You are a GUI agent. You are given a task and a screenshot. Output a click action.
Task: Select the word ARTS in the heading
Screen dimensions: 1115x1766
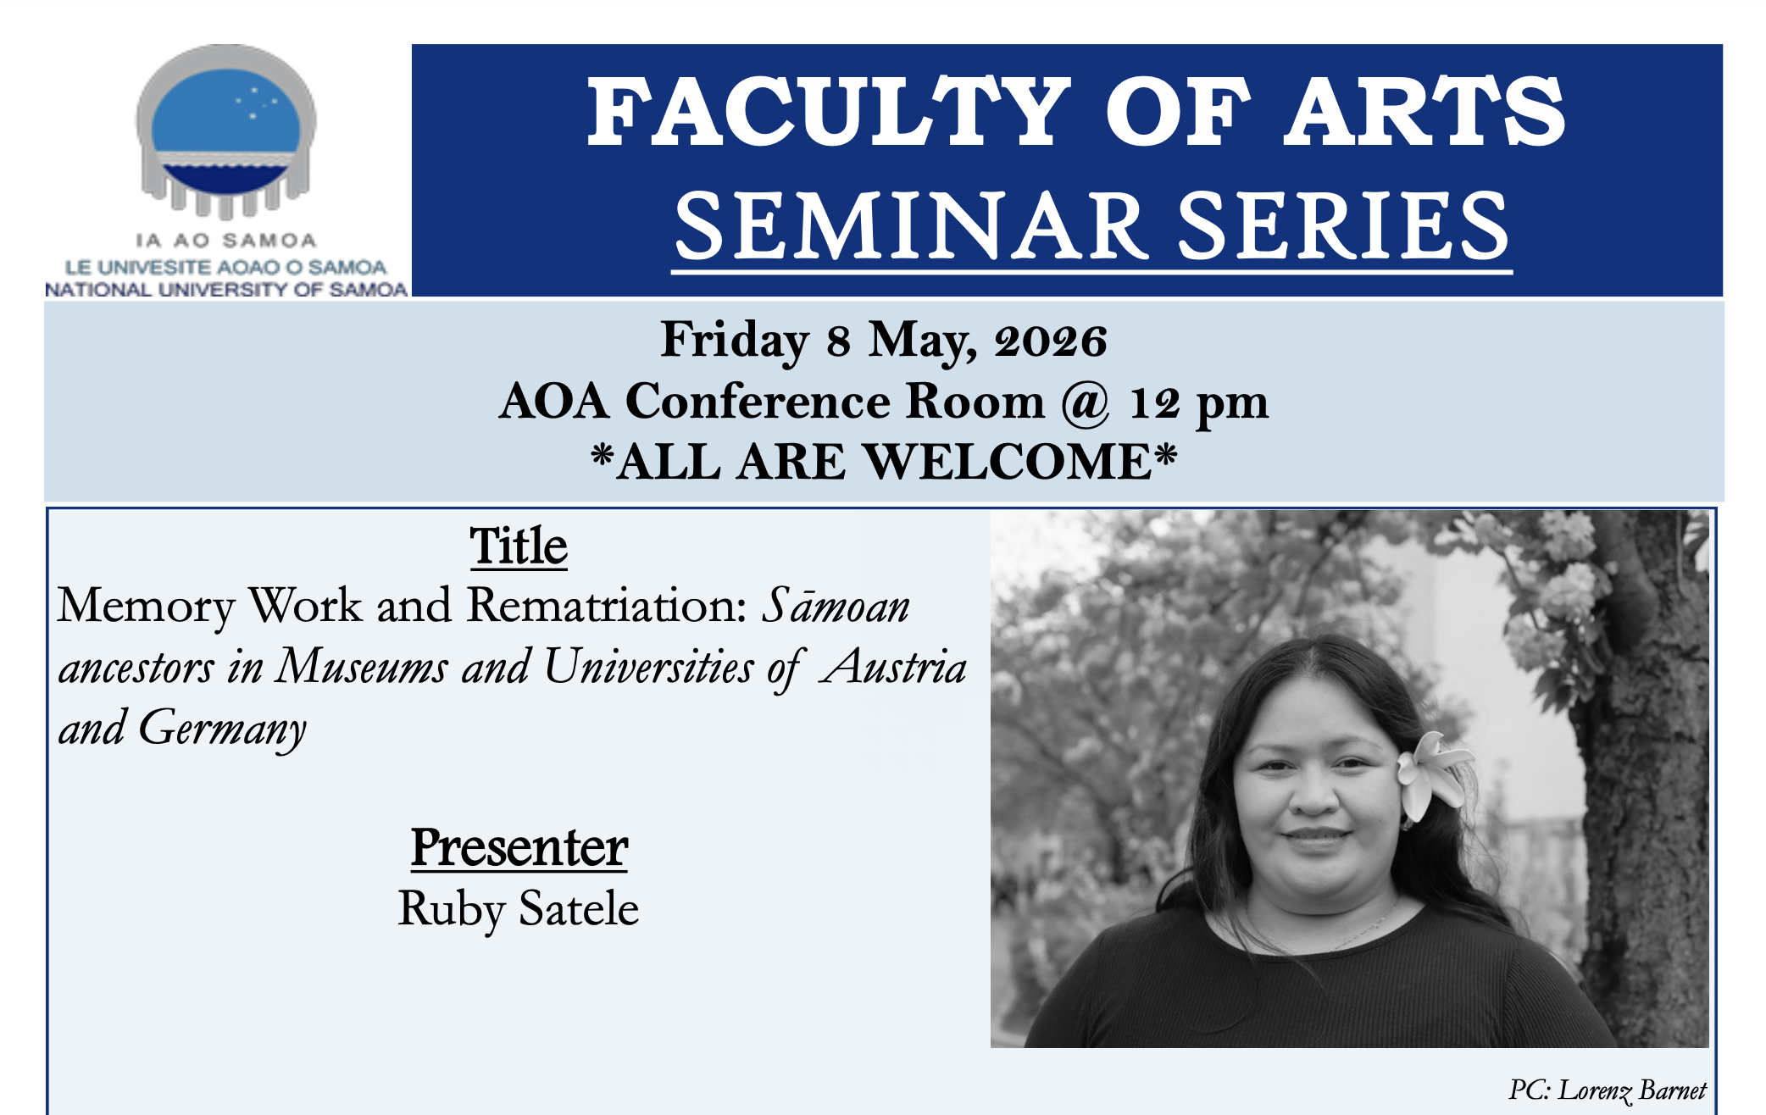coord(1424,113)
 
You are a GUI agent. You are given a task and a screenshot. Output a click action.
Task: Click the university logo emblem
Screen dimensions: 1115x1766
coord(226,131)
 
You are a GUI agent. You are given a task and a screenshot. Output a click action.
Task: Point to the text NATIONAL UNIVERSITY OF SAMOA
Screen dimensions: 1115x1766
coord(226,290)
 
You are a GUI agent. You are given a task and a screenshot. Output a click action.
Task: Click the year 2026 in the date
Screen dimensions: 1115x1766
coord(1051,341)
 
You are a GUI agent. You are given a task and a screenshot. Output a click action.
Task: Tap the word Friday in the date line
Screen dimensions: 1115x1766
coord(734,341)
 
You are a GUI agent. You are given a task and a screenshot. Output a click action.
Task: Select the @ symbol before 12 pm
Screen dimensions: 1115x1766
coord(1086,402)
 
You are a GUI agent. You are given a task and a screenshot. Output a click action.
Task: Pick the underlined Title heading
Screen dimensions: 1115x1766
coord(519,546)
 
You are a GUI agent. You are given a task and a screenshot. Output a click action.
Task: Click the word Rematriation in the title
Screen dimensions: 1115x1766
coord(607,607)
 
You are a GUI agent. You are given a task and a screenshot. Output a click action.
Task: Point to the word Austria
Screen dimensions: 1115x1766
coord(896,668)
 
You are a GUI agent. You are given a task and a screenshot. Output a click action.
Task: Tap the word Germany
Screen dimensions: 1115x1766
coord(222,729)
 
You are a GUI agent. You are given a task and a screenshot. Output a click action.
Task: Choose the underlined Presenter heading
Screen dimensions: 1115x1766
coord(519,847)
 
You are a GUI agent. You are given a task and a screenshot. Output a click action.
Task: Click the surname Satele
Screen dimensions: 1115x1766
coord(579,909)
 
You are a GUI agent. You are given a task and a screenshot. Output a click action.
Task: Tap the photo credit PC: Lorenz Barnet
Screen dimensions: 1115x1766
coord(1607,1090)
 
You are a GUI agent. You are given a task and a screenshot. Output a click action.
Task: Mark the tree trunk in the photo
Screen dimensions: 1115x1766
coord(1644,763)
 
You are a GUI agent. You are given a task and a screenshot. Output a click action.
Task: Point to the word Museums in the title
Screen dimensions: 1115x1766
coord(362,668)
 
